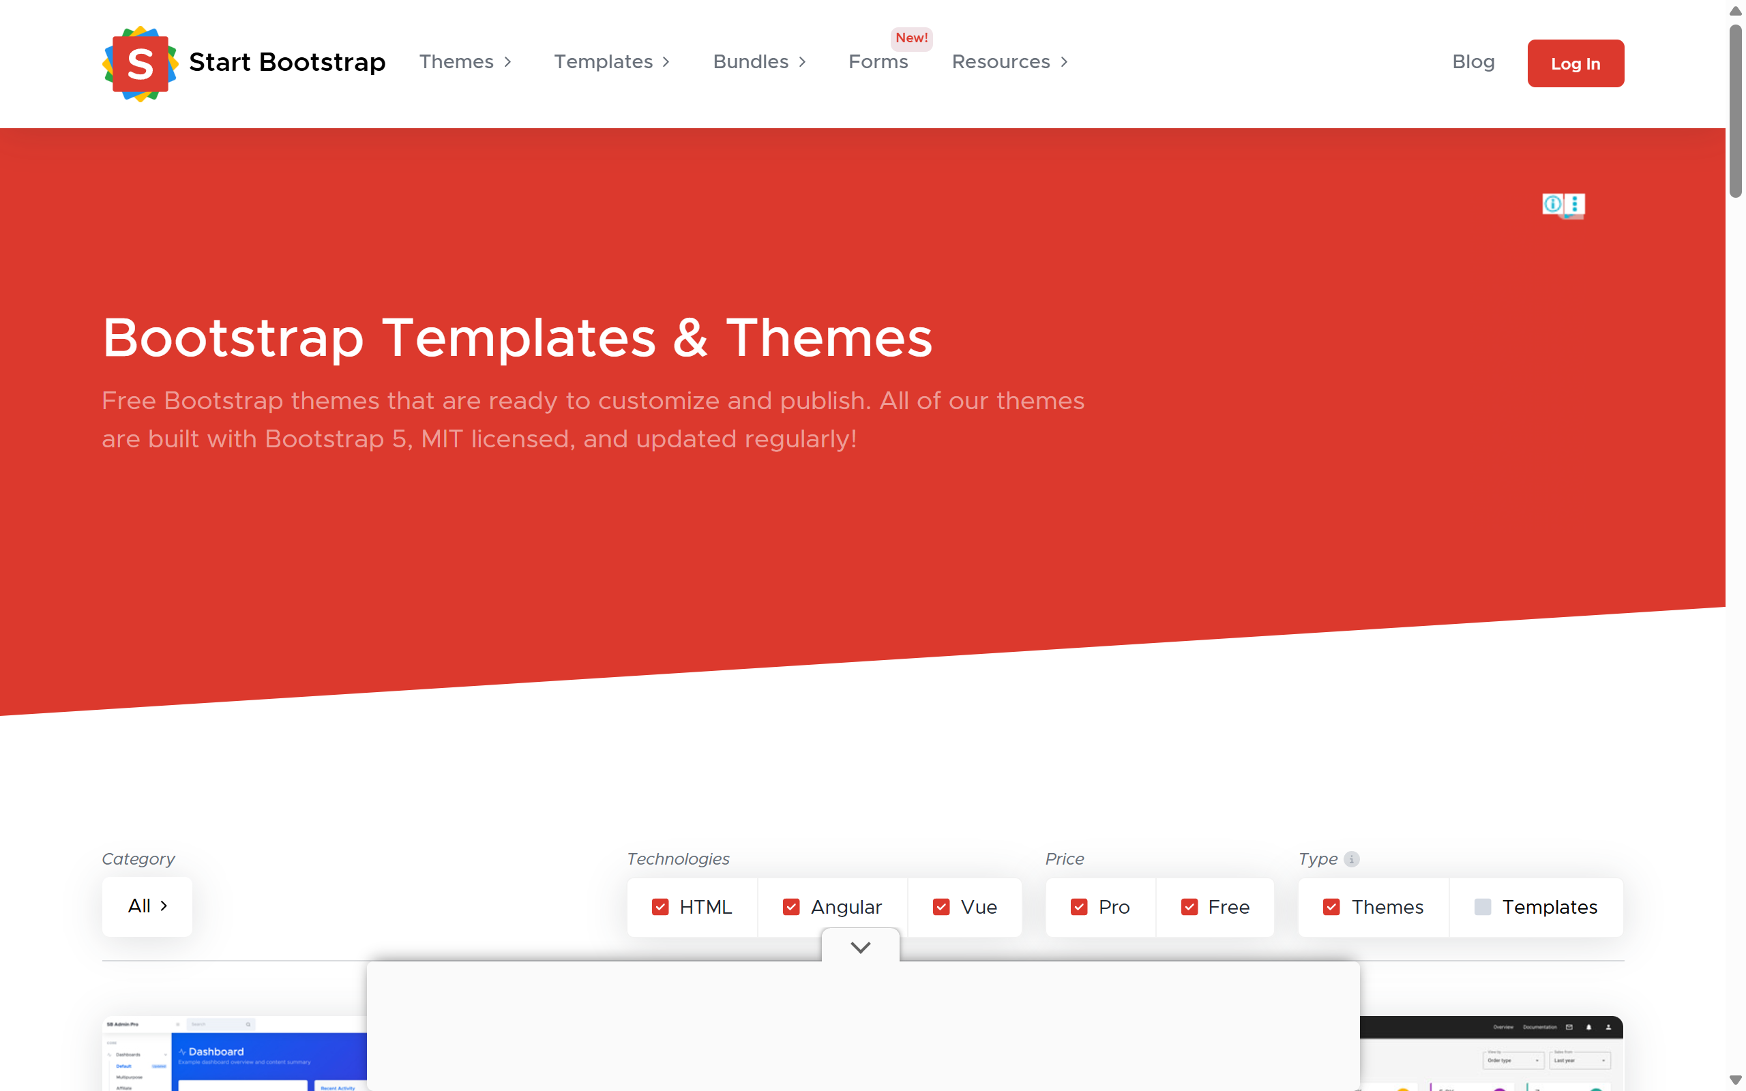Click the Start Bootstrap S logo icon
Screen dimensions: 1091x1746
(x=140, y=63)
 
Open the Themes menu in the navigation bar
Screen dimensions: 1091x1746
(x=465, y=62)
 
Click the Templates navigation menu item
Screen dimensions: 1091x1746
(x=612, y=62)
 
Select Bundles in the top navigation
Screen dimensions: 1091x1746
(x=759, y=62)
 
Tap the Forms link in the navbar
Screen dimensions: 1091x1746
(x=878, y=62)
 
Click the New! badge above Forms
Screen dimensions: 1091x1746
(x=911, y=38)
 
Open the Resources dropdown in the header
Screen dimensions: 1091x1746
(x=1009, y=62)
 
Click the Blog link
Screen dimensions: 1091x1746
(x=1473, y=62)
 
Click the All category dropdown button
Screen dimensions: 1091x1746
(x=147, y=906)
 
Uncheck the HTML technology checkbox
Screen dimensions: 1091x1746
(x=660, y=907)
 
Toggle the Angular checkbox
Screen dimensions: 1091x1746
(x=791, y=907)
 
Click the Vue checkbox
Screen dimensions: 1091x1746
(x=941, y=907)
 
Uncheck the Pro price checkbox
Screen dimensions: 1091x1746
(x=1078, y=907)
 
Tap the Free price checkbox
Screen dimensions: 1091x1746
(x=1189, y=907)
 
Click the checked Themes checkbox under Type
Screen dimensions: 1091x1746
(x=1331, y=907)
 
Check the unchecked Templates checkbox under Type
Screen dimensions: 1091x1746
(x=1483, y=907)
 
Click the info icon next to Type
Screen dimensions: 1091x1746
(x=1352, y=859)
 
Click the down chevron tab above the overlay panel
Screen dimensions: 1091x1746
(x=861, y=946)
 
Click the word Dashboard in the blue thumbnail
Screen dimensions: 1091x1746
(x=216, y=1051)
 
